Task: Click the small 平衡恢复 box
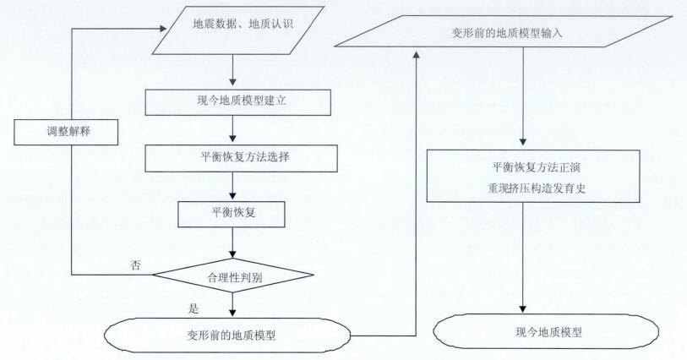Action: tap(232, 214)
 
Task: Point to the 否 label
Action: tap(135, 265)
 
